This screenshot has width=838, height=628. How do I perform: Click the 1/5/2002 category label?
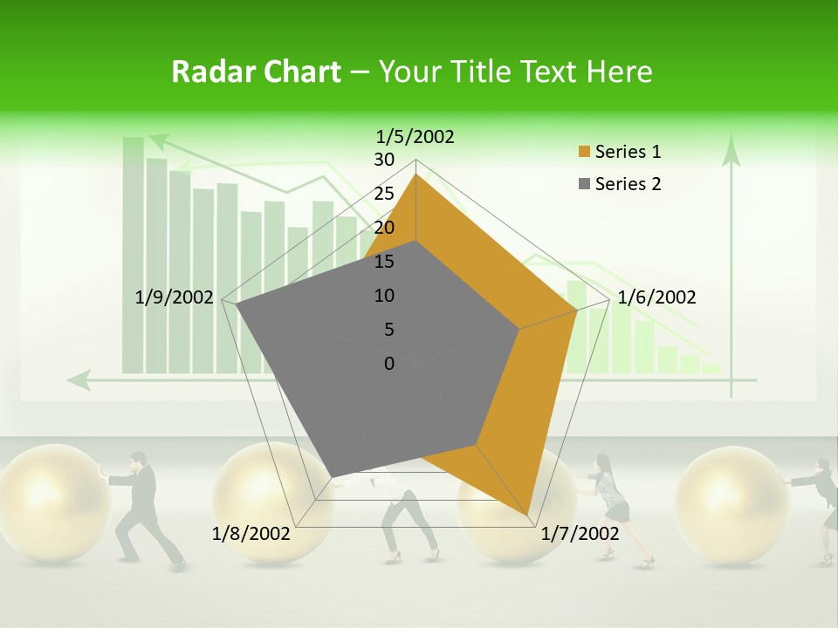pyautogui.click(x=416, y=136)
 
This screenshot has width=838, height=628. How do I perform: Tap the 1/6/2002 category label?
pyautogui.click(x=656, y=297)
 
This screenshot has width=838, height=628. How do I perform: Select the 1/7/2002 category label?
pyautogui.click(x=580, y=533)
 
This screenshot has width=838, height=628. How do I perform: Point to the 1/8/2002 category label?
pyautogui.click(x=251, y=533)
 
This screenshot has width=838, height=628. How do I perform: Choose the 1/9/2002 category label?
pyautogui.click(x=175, y=297)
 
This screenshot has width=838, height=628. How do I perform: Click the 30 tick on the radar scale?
pyautogui.click(x=384, y=160)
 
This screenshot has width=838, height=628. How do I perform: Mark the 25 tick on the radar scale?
pyautogui.click(x=384, y=194)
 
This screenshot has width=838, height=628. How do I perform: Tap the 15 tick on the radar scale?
pyautogui.click(x=384, y=262)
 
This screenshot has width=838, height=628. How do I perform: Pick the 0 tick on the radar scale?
pyautogui.click(x=389, y=364)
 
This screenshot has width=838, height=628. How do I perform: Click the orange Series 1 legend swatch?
pyautogui.click(x=584, y=153)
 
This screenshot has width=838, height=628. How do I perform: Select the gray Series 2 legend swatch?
pyautogui.click(x=584, y=184)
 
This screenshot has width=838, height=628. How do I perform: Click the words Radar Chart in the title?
pyautogui.click(x=256, y=72)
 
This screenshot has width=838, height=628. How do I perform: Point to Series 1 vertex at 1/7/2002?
pyautogui.click(x=529, y=515)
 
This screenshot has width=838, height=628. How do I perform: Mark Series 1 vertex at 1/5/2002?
pyautogui.click(x=416, y=174)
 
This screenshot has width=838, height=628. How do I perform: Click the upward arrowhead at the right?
pyautogui.click(x=732, y=150)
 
